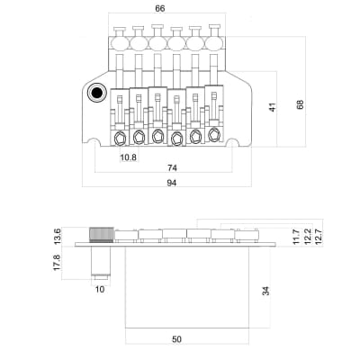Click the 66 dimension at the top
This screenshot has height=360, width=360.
point(159,8)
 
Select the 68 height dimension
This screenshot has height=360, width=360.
point(299,105)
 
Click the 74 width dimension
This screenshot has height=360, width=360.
point(169,168)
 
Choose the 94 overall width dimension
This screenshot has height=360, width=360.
point(171,183)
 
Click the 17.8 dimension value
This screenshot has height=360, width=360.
point(58,263)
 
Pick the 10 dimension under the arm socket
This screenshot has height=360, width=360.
point(100,290)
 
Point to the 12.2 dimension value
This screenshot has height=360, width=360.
point(307,237)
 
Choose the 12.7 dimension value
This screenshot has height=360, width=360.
point(319,237)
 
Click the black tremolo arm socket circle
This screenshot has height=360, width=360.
point(95,93)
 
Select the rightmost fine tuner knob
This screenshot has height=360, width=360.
point(215,40)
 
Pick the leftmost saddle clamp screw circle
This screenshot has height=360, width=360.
point(121,137)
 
